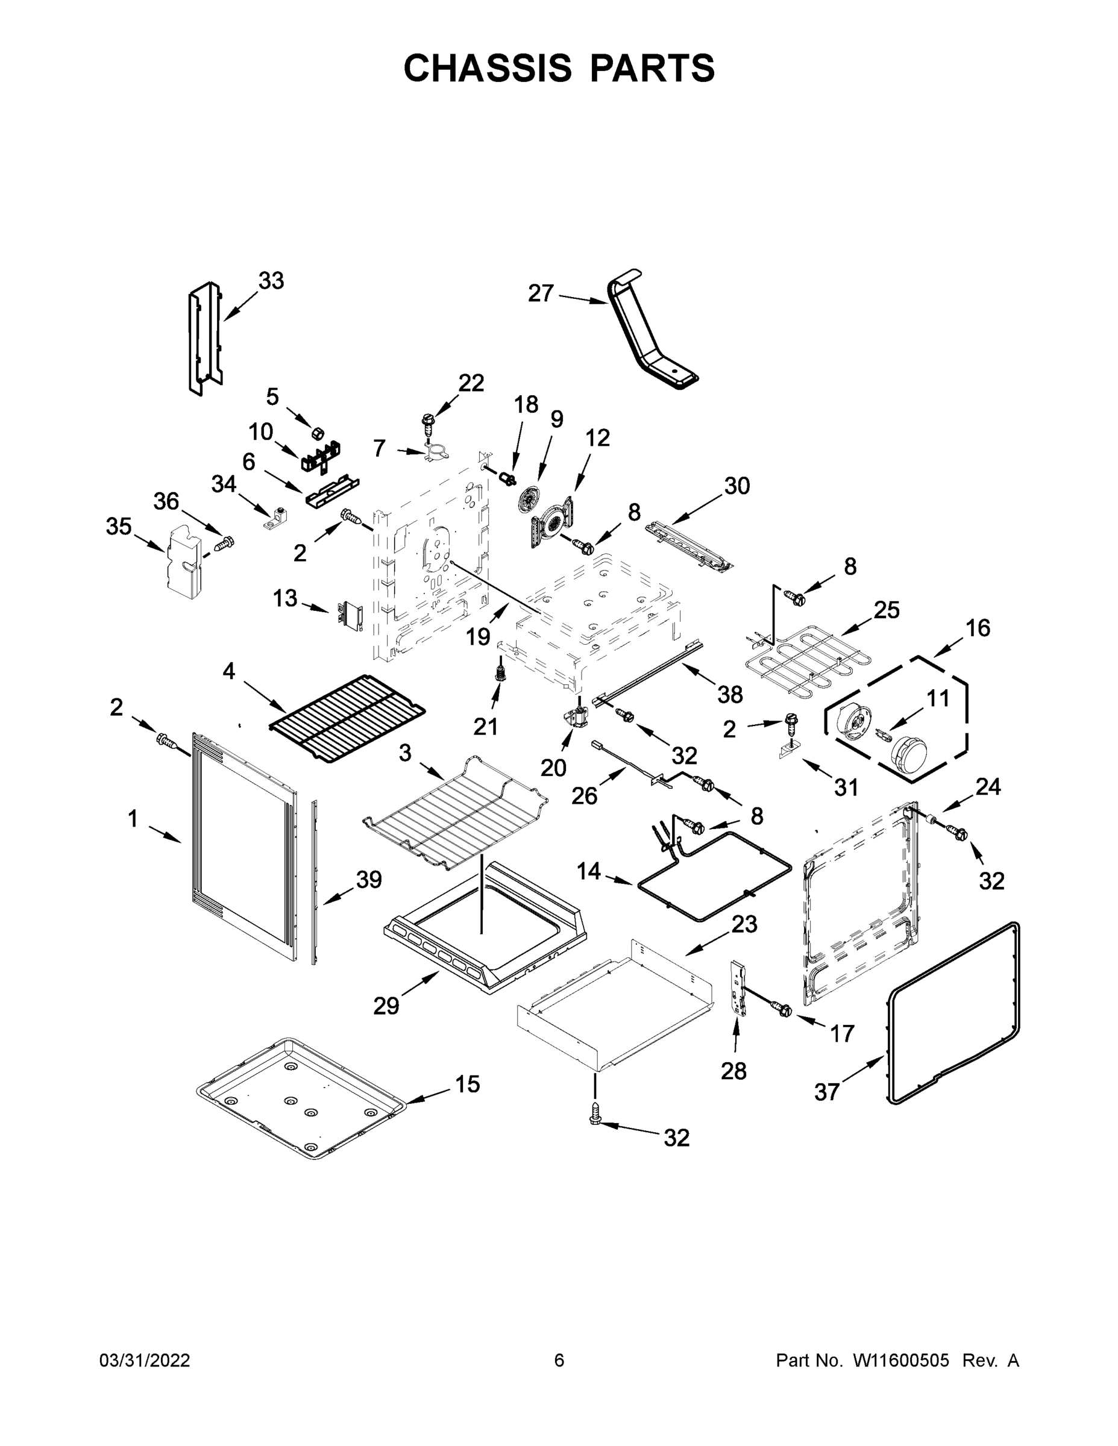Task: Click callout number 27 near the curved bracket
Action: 541,293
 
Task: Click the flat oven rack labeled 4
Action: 348,718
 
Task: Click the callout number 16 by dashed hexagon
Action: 978,628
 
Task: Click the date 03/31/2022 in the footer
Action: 145,1360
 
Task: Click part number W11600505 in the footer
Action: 901,1360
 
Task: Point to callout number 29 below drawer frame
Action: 386,1006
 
